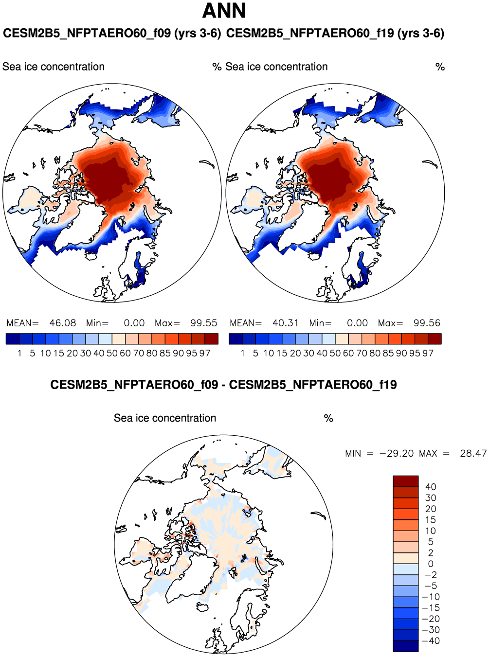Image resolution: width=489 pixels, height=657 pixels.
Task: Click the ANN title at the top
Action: tap(224, 11)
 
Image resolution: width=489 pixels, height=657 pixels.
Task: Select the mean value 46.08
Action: tap(63, 323)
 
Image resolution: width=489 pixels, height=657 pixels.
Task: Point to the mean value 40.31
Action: tap(286, 323)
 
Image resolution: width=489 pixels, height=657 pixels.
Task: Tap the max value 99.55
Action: tap(204, 323)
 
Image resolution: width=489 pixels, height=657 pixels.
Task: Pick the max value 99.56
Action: tap(427, 323)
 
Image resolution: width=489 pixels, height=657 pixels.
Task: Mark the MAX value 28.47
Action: tap(473, 453)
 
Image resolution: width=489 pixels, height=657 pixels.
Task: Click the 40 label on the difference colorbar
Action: tap(431, 487)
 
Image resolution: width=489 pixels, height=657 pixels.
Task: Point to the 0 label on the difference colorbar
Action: tap(431, 564)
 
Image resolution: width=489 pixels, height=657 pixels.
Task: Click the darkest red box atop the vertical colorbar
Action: tap(406, 481)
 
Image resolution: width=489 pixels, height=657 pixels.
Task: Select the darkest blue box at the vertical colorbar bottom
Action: tap(406, 646)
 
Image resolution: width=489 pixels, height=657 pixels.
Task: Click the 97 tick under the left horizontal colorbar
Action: tap(205, 353)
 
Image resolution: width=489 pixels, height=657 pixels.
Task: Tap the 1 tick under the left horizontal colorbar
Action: tap(19, 353)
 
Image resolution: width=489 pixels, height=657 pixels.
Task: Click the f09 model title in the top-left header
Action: tap(112, 34)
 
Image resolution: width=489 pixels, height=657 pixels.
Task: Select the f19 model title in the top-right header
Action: tap(335, 34)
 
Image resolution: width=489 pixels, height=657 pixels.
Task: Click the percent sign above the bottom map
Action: tap(328, 418)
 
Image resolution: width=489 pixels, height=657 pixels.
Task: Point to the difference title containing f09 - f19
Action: tap(223, 385)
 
